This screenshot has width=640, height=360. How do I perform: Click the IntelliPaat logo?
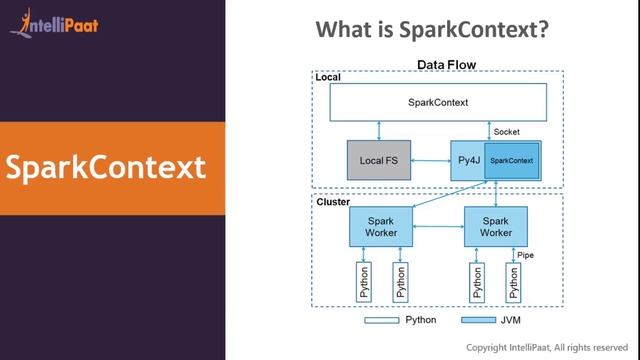point(54,21)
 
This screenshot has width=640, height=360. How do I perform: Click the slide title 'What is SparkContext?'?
point(432,30)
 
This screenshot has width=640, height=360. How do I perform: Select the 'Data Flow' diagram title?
point(445,65)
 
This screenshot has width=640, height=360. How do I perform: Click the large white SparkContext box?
point(438,102)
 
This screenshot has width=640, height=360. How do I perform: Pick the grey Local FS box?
point(380,160)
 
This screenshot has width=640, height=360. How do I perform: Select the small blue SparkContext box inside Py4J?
point(512,161)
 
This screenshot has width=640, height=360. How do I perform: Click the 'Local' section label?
point(328,77)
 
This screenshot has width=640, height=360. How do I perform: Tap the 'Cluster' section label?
point(332,201)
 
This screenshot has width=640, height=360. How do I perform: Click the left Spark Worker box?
point(381,226)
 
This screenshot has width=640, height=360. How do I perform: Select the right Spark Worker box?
point(496,226)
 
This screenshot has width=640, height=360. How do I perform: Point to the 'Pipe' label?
point(525,256)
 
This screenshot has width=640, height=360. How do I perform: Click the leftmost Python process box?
point(364,284)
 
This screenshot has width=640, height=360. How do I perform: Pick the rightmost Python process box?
point(514,284)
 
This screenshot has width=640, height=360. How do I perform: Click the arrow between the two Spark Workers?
point(438,226)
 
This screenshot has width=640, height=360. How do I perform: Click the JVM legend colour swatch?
point(479,321)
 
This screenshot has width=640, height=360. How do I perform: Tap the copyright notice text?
point(551,347)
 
